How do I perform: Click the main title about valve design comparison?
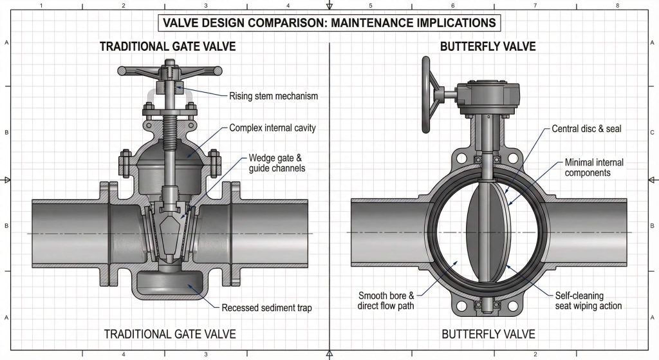329,23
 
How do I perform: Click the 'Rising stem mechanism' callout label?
274,97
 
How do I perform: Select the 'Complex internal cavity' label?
272,128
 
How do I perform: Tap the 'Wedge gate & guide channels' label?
277,163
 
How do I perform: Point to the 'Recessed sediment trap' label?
266,308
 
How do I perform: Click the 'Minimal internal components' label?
594,168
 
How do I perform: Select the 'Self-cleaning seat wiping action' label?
588,301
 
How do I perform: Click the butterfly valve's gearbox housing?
487,97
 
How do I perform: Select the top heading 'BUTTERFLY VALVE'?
488,47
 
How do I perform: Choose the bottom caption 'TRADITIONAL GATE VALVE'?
170,334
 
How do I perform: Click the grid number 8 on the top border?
617,5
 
